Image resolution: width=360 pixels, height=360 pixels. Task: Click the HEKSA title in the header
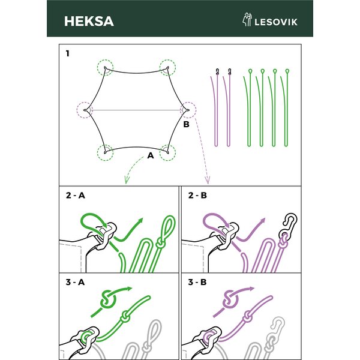click(x=89, y=22)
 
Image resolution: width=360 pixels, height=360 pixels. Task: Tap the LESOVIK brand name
click(x=276, y=22)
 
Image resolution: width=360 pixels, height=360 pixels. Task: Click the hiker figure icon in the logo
click(x=247, y=19)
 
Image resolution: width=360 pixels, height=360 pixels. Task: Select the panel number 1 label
click(x=67, y=53)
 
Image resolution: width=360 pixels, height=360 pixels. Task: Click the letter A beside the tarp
click(x=151, y=155)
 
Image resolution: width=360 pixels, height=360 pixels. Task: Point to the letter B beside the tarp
click(x=186, y=124)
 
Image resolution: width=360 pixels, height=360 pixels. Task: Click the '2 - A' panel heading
click(x=76, y=195)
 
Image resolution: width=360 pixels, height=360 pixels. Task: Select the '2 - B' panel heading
click(x=197, y=195)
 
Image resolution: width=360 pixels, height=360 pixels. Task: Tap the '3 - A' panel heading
click(x=75, y=282)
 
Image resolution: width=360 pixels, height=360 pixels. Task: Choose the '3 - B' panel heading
click(x=197, y=282)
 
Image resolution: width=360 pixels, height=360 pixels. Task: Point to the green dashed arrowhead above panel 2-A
click(x=126, y=180)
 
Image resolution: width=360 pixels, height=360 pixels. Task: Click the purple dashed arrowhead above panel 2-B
click(x=208, y=181)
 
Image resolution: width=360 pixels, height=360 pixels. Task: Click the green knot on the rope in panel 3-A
click(x=125, y=316)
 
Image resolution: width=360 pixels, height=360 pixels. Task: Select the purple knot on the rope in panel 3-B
click(x=247, y=316)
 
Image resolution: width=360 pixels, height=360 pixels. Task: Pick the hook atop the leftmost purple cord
click(x=217, y=72)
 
